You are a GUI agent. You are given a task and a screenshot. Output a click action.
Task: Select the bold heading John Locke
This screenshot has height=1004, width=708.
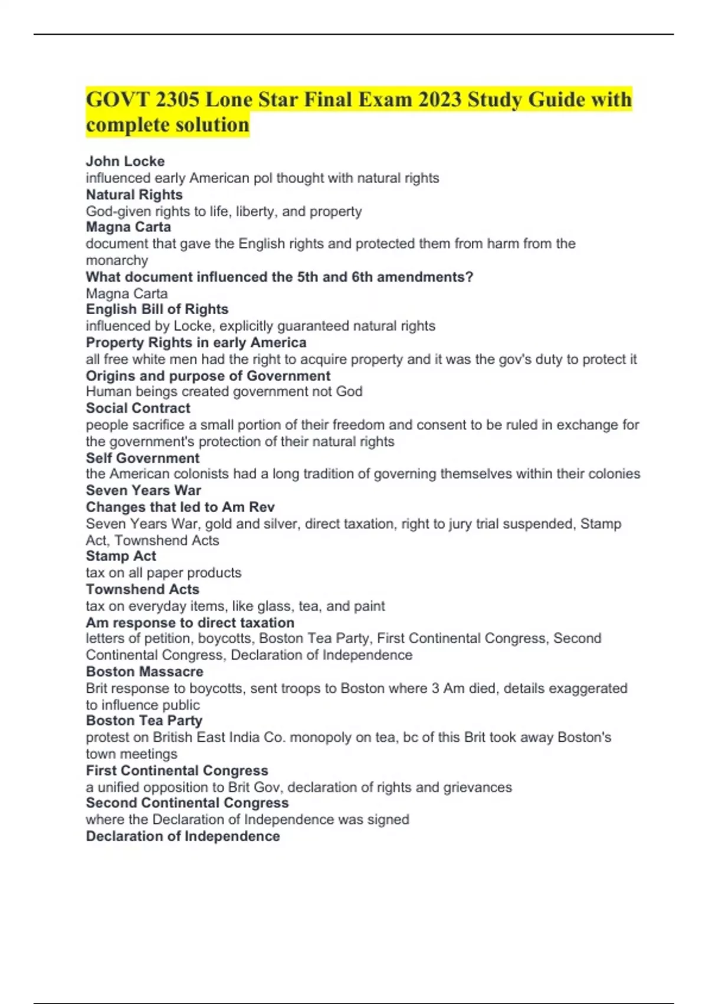(125, 161)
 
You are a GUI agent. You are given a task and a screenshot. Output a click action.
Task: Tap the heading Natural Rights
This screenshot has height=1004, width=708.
(134, 194)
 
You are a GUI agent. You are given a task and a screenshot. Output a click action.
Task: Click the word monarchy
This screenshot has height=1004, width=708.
(117, 260)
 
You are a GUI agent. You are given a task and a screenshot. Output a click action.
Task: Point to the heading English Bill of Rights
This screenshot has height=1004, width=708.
(157, 309)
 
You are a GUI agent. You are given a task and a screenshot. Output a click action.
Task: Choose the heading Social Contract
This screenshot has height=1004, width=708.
(138, 408)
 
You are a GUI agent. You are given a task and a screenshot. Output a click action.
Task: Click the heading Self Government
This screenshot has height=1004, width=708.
(142, 458)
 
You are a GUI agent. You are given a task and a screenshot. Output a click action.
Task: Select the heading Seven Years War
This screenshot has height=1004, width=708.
(143, 490)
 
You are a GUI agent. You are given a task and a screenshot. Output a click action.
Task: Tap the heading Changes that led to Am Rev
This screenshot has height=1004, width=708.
(180, 507)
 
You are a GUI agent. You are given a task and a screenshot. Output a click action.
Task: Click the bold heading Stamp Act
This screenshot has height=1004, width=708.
(121, 556)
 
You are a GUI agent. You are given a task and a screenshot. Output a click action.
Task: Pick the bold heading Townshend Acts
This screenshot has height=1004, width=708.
(142, 589)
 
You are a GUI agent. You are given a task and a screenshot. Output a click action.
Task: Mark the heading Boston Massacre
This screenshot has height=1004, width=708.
(145, 671)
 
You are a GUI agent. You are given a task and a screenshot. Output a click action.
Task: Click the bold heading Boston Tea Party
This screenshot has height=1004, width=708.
(144, 721)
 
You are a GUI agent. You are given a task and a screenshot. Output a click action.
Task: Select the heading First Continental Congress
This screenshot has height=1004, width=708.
(177, 770)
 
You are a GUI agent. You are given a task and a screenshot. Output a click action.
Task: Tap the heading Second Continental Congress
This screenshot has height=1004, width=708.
(187, 803)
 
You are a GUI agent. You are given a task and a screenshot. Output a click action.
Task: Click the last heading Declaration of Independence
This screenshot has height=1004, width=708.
(183, 836)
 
